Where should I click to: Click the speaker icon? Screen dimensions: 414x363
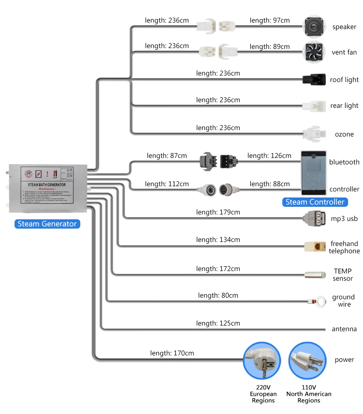click(x=314, y=27)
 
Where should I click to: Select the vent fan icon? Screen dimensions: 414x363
click(x=314, y=53)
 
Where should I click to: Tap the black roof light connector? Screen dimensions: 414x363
click(x=314, y=79)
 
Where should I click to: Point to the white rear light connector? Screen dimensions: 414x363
click(x=314, y=106)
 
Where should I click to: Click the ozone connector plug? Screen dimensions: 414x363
click(x=314, y=134)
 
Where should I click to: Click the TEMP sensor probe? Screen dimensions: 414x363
click(x=314, y=275)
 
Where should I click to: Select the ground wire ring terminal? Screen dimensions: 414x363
click(x=320, y=301)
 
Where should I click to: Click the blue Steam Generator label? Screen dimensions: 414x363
click(x=47, y=224)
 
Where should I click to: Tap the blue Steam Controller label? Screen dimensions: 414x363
click(x=315, y=202)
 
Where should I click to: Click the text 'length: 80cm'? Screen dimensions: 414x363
click(x=218, y=295)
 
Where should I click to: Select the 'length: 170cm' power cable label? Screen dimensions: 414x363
click(x=172, y=353)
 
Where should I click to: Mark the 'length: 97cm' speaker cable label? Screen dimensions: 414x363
click(x=269, y=20)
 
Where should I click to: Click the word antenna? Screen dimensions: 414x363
click(x=344, y=329)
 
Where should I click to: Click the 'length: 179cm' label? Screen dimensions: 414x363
click(x=218, y=212)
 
